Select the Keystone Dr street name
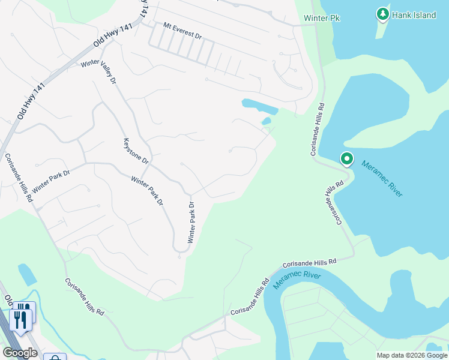tap(136, 151)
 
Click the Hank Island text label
tap(414, 15)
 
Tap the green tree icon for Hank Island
tap(382, 14)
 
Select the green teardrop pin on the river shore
tap(346, 160)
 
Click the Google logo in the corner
tap(20, 353)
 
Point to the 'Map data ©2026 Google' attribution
tap(412, 355)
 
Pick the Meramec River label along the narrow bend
tap(297, 279)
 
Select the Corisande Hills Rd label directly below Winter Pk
tap(317, 130)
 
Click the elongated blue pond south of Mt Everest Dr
tap(259, 106)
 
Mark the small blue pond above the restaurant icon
tap(27, 274)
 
